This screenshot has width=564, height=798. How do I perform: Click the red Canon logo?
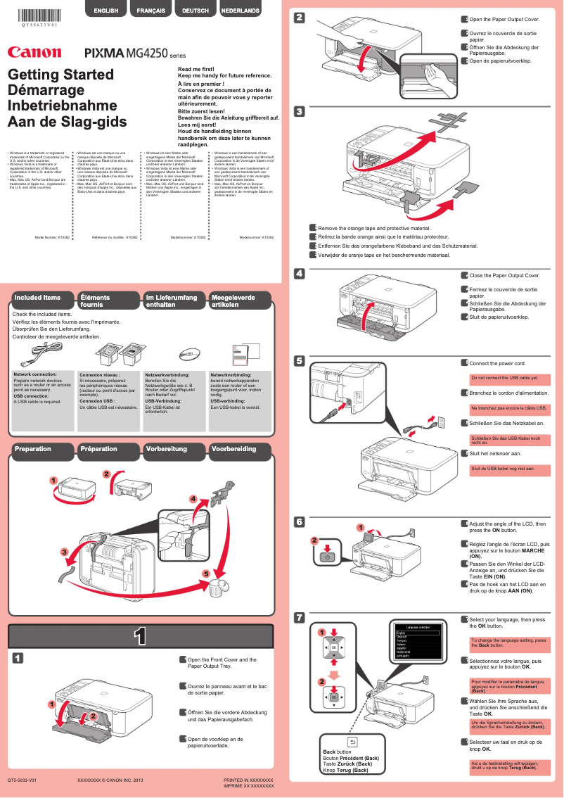pos(34,51)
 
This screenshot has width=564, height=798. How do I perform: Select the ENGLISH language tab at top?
pos(105,11)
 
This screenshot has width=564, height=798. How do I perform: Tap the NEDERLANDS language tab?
pos(241,11)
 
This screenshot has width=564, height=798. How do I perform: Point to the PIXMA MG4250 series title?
pos(134,53)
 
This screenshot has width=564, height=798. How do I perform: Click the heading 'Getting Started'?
pos(60,75)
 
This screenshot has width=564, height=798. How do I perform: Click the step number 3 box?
pos(300,111)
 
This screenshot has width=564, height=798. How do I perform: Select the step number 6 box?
pos(300,521)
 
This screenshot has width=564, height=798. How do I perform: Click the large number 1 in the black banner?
pos(141,636)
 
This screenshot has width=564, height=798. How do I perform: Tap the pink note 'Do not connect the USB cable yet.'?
pos(504,378)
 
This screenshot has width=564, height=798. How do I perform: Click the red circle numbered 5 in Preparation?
pos(206,574)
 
